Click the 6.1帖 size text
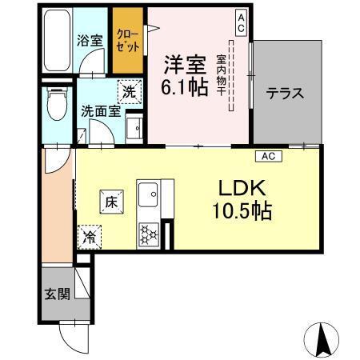pos(186,86)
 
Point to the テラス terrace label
pos(286,93)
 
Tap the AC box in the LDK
pos(268,156)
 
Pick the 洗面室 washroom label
pos(101,112)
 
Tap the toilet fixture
pos(57,105)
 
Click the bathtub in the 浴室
pos(56,40)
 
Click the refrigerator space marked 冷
pos(90,237)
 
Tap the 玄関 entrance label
pos(54,292)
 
